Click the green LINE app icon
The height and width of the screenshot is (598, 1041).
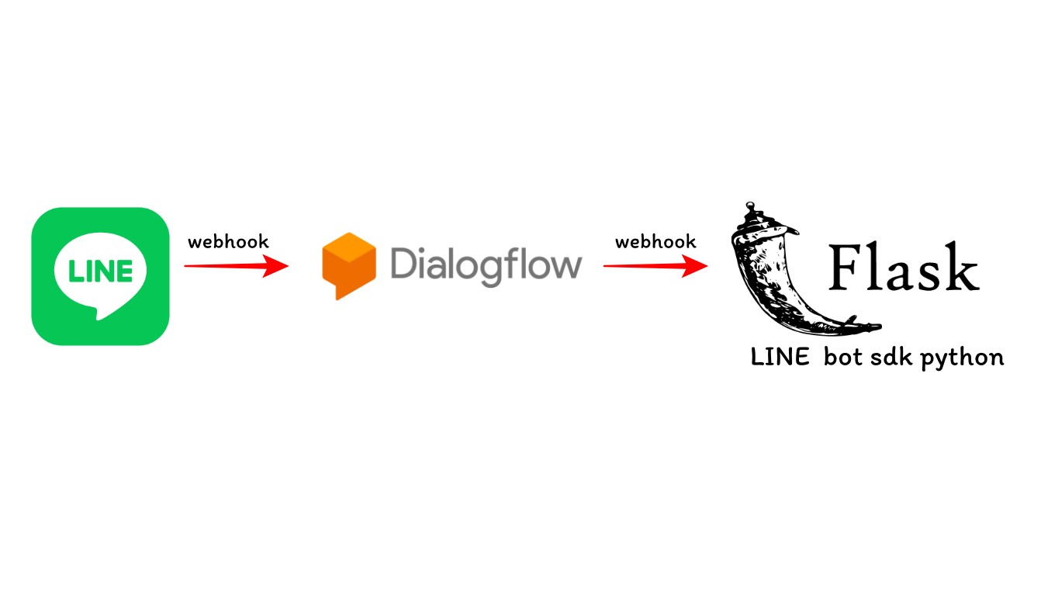[100, 276]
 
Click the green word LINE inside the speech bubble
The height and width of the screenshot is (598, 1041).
[100, 271]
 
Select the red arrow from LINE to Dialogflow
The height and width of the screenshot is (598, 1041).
[236, 266]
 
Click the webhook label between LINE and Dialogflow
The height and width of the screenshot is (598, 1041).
[228, 242]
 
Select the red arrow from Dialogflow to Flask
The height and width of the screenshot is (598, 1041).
[655, 266]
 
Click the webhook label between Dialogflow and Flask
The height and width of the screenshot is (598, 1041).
[655, 242]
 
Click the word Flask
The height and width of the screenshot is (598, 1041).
[904, 267]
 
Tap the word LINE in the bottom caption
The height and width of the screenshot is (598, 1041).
[780, 358]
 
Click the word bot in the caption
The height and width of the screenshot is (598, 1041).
[843, 357]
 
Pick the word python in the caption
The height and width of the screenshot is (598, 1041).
[962, 358]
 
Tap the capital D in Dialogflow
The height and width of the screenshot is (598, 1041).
[406, 262]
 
